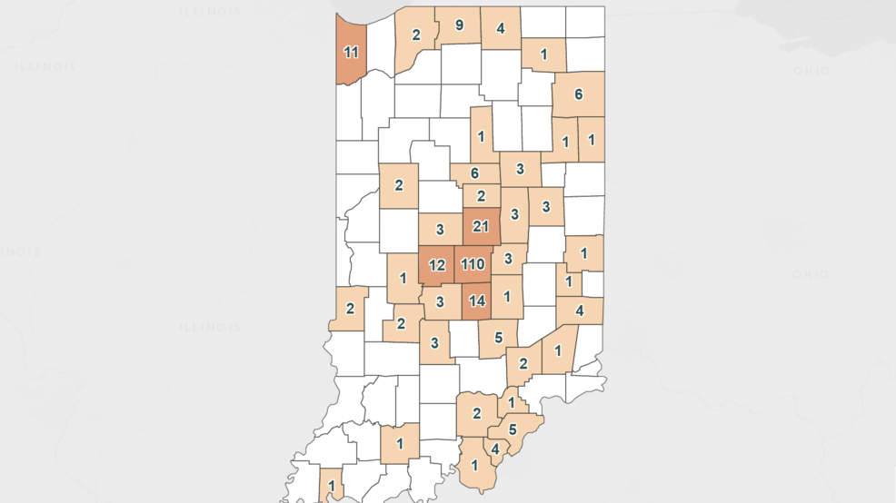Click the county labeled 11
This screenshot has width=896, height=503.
[x=351, y=52]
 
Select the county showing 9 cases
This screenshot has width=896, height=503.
[x=459, y=25]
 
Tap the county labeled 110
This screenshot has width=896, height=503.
[x=473, y=264]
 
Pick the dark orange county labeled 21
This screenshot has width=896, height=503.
[x=481, y=226]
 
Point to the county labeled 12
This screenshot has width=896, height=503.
[x=437, y=265]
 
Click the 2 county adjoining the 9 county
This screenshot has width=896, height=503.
[x=416, y=36]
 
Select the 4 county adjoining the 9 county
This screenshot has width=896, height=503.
[x=501, y=27]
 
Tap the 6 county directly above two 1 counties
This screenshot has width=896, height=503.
[x=578, y=94]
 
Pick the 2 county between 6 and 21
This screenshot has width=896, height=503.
[x=482, y=195]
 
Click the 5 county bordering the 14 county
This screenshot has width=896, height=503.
[x=498, y=337]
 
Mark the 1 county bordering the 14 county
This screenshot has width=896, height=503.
[x=507, y=296]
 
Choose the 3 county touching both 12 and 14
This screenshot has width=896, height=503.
[x=439, y=301]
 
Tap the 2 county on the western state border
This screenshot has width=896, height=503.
[x=350, y=308]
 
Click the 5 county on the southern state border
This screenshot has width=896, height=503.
[x=513, y=429]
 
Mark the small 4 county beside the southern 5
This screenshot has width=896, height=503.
[x=494, y=448]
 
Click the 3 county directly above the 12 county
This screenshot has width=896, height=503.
[x=439, y=229]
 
